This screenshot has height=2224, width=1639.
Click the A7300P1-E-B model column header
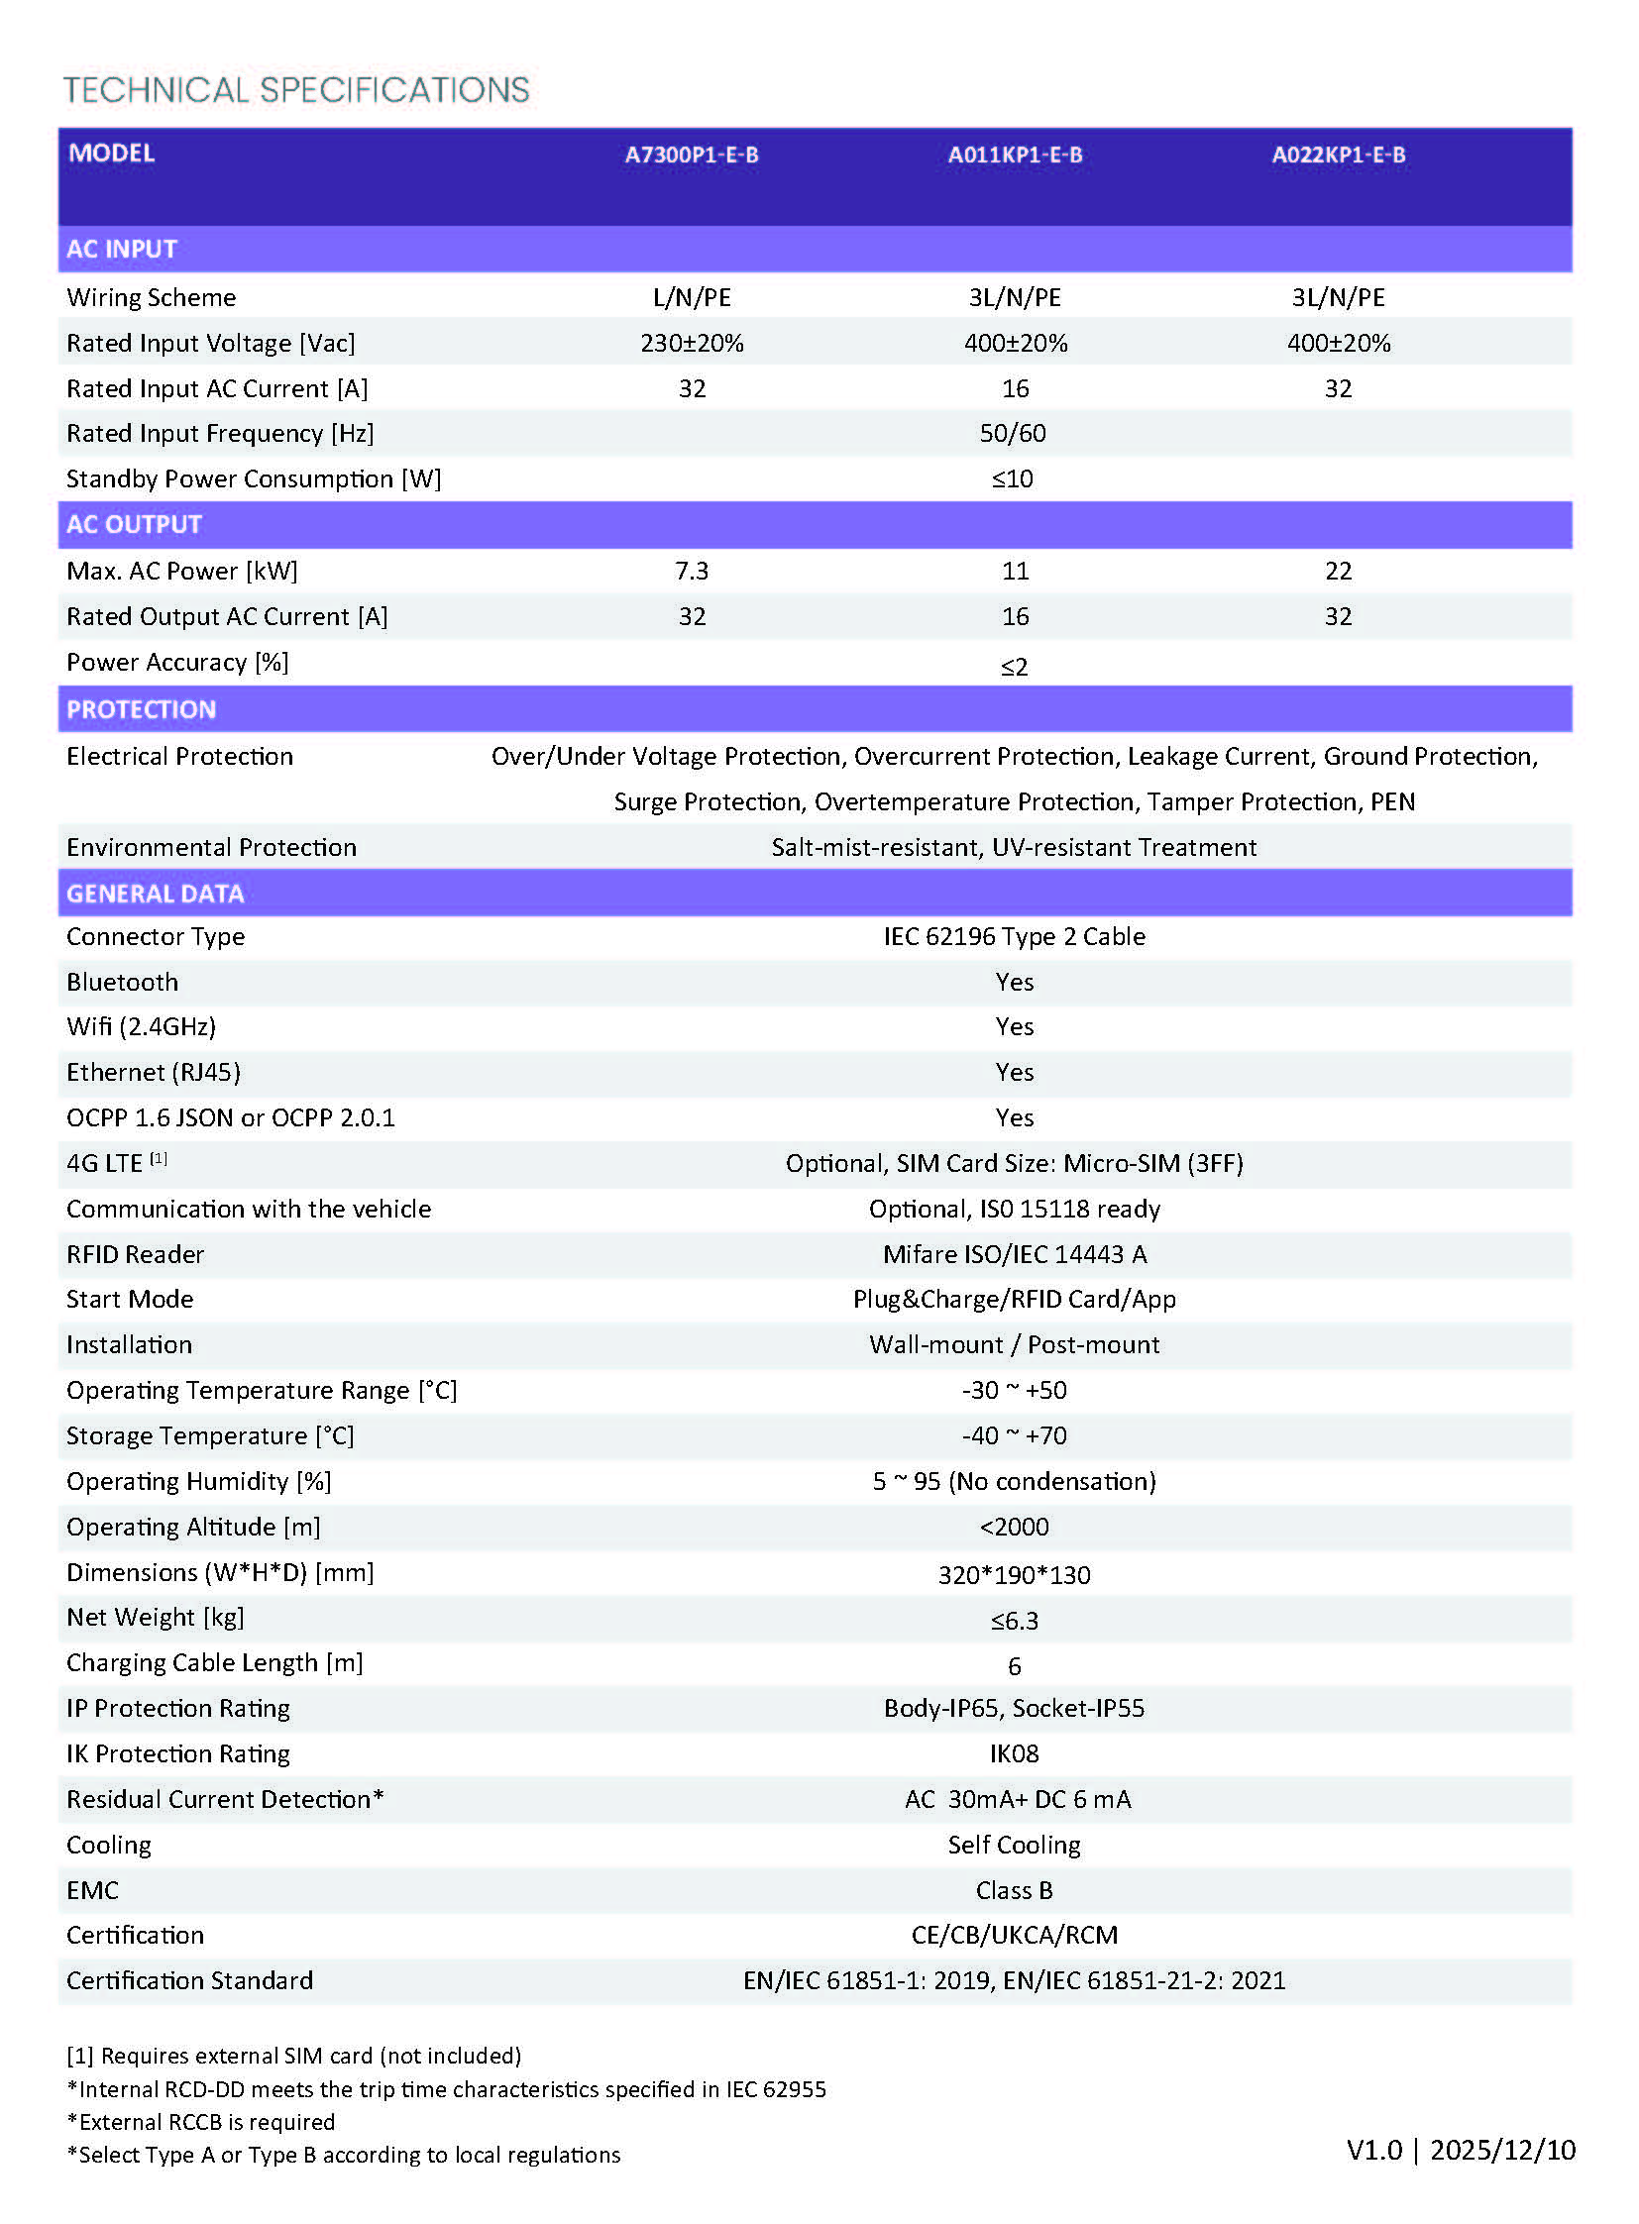click(x=691, y=155)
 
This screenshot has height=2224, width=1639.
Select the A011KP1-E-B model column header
click(x=1014, y=155)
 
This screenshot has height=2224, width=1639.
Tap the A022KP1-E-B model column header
click(x=1338, y=155)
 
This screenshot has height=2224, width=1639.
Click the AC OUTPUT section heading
click(x=134, y=524)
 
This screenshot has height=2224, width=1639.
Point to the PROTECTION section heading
click(x=141, y=709)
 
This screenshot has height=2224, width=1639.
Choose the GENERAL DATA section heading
click(x=155, y=894)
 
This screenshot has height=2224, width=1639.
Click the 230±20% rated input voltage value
click(x=691, y=343)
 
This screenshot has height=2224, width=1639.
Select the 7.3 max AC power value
click(x=691, y=571)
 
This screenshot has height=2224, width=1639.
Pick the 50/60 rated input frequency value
click(x=1012, y=434)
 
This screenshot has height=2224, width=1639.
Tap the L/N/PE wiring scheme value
click(x=691, y=297)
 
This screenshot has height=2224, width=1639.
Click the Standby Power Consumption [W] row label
click(x=253, y=479)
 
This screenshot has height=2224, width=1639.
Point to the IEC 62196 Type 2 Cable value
click(x=1014, y=936)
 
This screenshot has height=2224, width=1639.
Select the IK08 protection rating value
click(x=1014, y=1753)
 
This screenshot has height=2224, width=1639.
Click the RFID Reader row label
click(x=135, y=1255)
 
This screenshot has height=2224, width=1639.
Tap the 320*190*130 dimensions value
click(x=1014, y=1575)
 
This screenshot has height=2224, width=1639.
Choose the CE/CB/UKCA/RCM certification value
click(x=1014, y=1936)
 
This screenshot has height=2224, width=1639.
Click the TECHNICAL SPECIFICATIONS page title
click(x=295, y=90)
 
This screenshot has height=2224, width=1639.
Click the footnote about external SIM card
click(x=293, y=2056)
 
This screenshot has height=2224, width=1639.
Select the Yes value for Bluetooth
click(x=1014, y=982)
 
